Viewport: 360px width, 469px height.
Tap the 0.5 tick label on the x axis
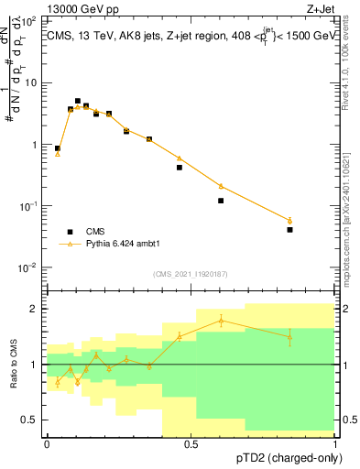pos(191,444)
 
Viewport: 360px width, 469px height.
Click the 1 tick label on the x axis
pos(334,444)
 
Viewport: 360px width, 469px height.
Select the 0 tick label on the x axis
pos(47,444)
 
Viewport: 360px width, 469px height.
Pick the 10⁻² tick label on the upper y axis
pos(29,267)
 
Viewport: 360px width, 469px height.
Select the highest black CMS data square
pos(78,102)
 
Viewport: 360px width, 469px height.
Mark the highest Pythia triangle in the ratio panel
pos(221,320)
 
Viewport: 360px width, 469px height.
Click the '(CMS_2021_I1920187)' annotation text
pos(190,274)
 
